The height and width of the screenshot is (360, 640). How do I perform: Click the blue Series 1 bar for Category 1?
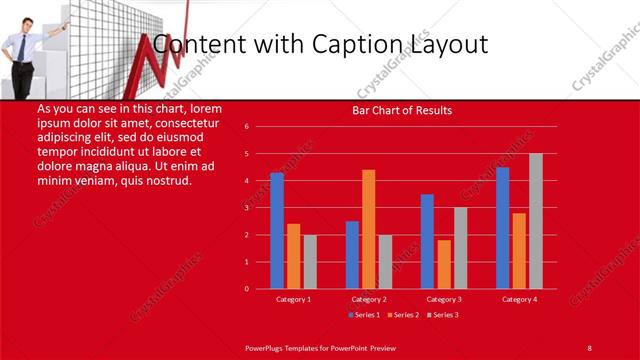coord(277,230)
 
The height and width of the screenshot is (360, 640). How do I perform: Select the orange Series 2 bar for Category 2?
coord(369,229)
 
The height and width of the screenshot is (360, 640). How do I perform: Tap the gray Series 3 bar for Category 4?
coord(536,221)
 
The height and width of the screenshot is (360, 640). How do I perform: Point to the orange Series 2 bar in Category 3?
coord(444,264)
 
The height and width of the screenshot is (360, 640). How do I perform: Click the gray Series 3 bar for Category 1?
coord(310,262)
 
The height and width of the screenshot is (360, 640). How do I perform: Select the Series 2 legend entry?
coord(402,315)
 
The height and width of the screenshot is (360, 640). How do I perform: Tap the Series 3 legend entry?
coord(440,315)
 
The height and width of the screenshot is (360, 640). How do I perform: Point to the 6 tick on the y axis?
coord(246,127)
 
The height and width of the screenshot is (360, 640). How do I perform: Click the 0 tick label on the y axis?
coord(246,289)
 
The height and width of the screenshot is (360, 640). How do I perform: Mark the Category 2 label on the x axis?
coord(369,299)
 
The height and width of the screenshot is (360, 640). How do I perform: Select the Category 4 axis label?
coord(519,299)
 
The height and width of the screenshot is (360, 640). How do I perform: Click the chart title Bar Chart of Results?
coord(402,110)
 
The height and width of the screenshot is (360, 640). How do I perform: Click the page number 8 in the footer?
coord(590,347)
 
